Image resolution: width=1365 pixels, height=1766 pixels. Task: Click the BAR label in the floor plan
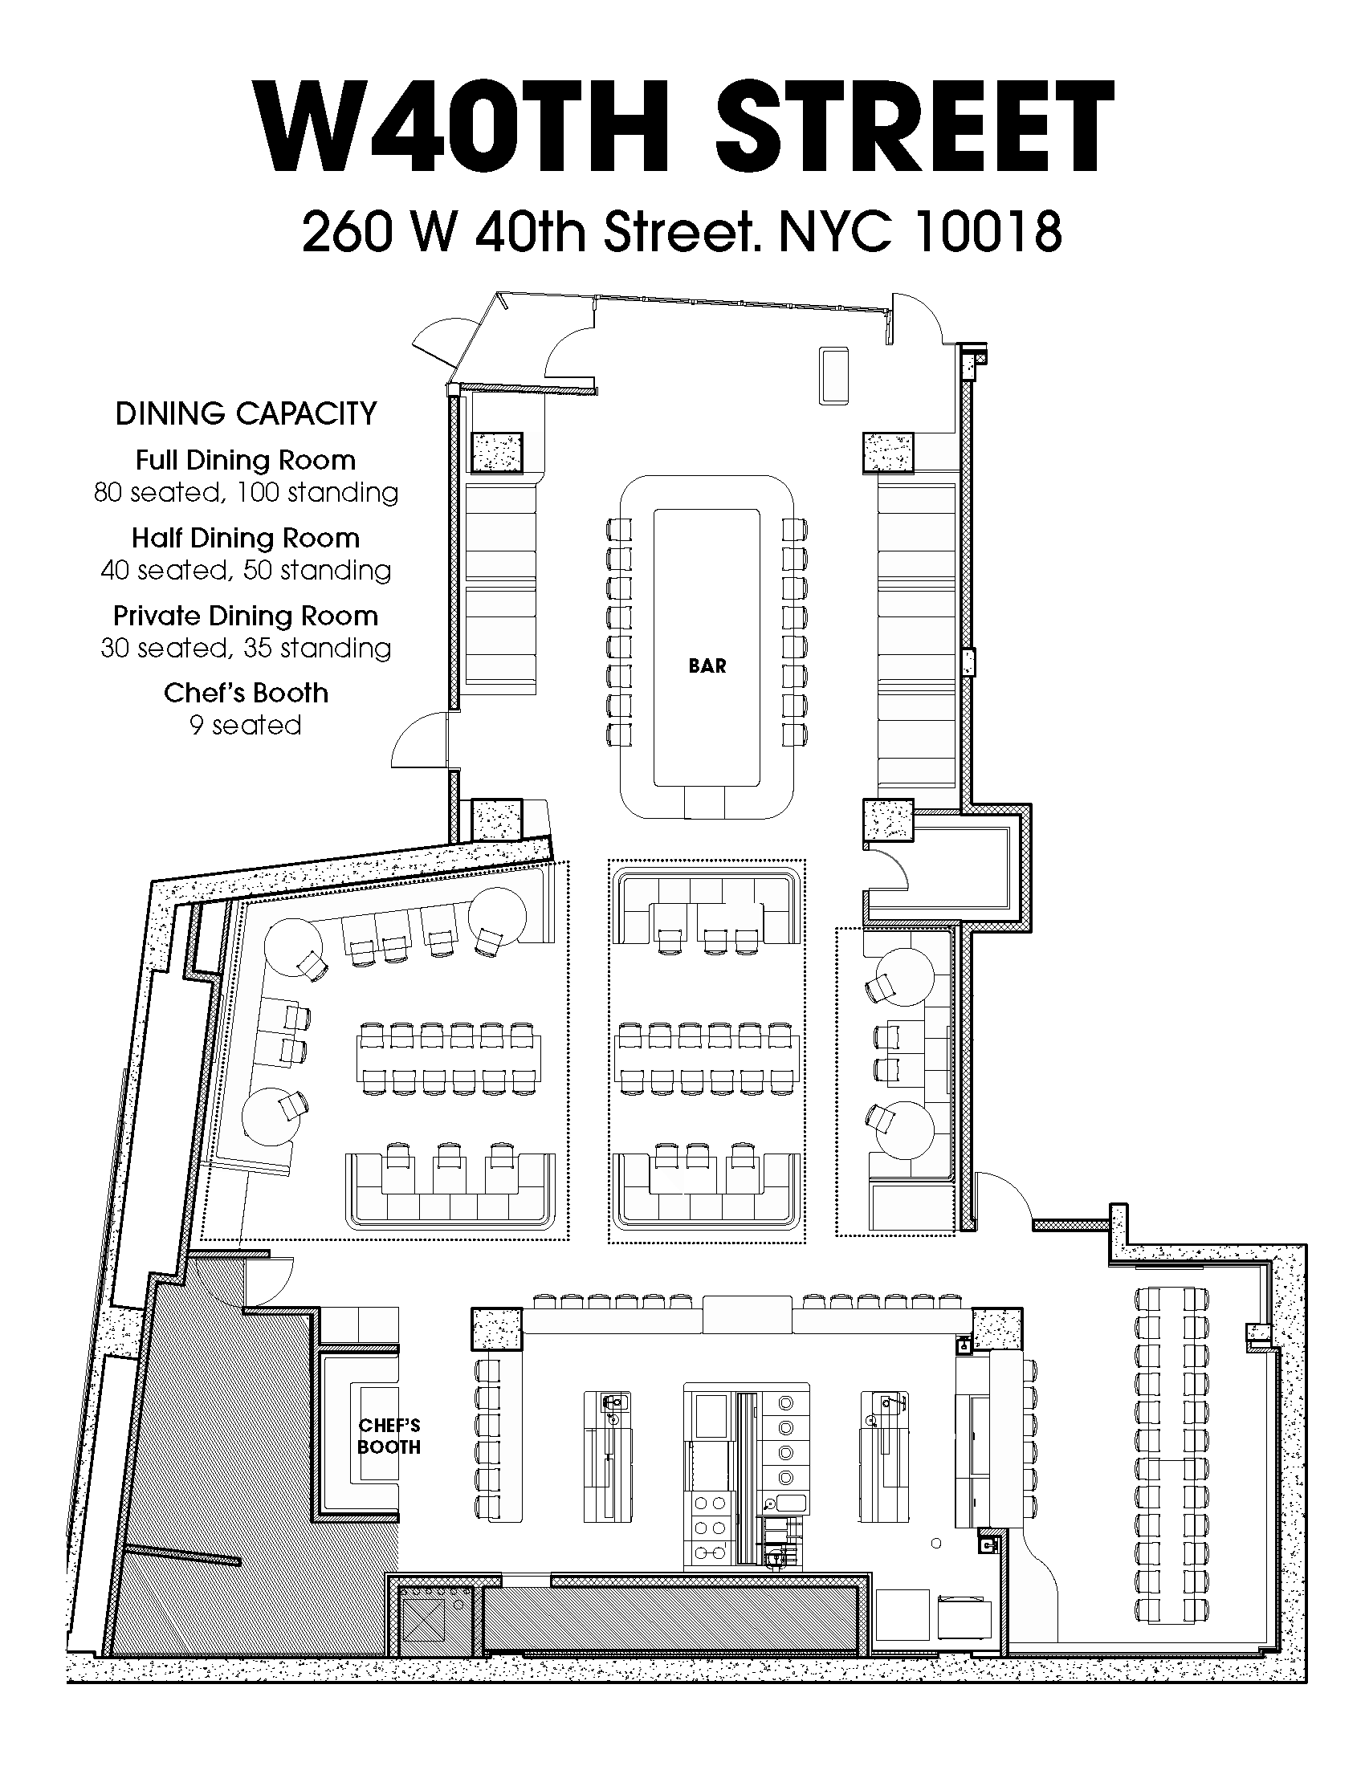click(707, 665)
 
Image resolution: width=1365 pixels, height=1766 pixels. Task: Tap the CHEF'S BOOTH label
click(389, 1436)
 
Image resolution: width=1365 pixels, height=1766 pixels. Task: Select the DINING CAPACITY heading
click(246, 413)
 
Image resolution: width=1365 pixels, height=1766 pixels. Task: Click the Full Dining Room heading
click(246, 460)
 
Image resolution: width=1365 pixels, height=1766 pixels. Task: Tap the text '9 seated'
click(246, 725)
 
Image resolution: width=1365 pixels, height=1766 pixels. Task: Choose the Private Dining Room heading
click(246, 616)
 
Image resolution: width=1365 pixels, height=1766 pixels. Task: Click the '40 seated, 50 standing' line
click(246, 570)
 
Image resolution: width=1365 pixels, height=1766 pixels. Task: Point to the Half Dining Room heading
click(246, 538)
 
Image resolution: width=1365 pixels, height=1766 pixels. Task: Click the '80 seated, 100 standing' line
click(246, 492)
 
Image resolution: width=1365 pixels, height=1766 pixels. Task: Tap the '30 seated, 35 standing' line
click(246, 648)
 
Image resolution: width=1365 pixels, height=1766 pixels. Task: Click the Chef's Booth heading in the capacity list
click(246, 693)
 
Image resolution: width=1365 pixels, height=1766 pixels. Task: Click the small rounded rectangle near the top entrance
click(833, 375)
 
